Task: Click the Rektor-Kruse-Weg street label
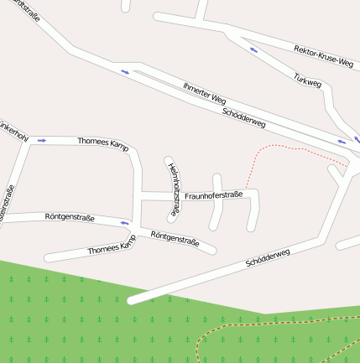pyautogui.click(x=323, y=56)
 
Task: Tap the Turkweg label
pyautogui.click(x=308, y=82)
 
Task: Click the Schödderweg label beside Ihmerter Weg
pyautogui.click(x=244, y=118)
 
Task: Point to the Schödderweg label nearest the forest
pyautogui.click(x=268, y=258)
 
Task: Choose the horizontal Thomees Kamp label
pyautogui.click(x=102, y=143)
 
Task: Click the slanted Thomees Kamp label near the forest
pyautogui.click(x=112, y=246)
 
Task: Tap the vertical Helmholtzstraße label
pyautogui.click(x=174, y=190)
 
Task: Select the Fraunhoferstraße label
pyautogui.click(x=213, y=195)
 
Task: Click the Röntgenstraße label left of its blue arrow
pyautogui.click(x=69, y=217)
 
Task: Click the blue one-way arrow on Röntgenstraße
pyautogui.click(x=126, y=223)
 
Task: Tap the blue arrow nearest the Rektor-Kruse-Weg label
pyautogui.click(x=253, y=49)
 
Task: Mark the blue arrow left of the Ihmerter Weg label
pyautogui.click(x=125, y=71)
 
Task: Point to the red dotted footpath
pyautogui.click(x=285, y=148)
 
